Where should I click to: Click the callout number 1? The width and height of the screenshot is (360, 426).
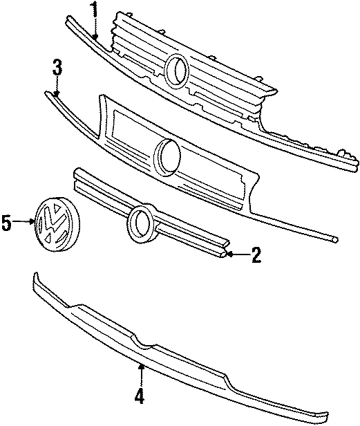click(x=94, y=10)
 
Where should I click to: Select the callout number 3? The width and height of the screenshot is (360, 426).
click(x=57, y=67)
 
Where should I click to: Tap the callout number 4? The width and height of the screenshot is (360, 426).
click(x=141, y=396)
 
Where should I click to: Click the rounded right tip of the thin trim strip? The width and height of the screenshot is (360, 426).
click(x=335, y=239)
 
